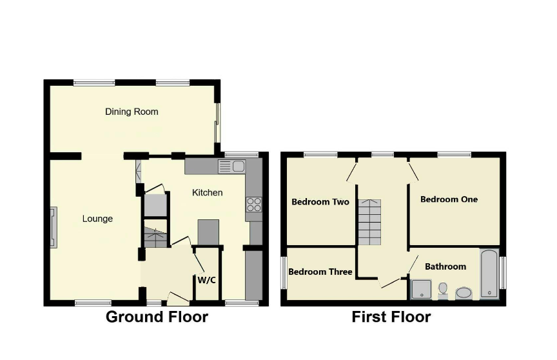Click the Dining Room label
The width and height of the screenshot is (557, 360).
tap(132, 112)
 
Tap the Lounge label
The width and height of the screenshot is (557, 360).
tap(97, 219)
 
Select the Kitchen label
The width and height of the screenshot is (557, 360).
tap(208, 193)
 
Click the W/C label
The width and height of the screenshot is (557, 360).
tap(206, 280)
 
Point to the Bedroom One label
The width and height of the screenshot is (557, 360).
tap(449, 199)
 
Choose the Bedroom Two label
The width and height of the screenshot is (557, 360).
tap(320, 202)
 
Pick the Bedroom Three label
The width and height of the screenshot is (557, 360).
tap(320, 272)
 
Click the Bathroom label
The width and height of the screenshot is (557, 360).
tap(445, 266)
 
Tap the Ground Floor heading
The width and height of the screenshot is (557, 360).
tap(157, 317)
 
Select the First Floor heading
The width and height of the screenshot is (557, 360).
tap(391, 317)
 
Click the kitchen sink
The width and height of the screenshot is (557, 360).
tap(231, 166)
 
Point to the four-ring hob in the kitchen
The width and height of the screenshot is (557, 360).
tap(253, 205)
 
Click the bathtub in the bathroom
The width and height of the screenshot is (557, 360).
tap(489, 274)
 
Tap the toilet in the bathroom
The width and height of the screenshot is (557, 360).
tap(443, 290)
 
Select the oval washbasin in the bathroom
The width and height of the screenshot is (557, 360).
tap(464, 293)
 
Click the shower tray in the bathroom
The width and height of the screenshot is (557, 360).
tap(422, 289)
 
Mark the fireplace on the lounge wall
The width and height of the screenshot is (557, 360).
tap(54, 228)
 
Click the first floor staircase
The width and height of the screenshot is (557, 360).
tap(369, 222)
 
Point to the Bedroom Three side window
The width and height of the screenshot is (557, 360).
tap(284, 273)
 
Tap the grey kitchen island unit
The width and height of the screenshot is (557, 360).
tap(208, 232)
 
